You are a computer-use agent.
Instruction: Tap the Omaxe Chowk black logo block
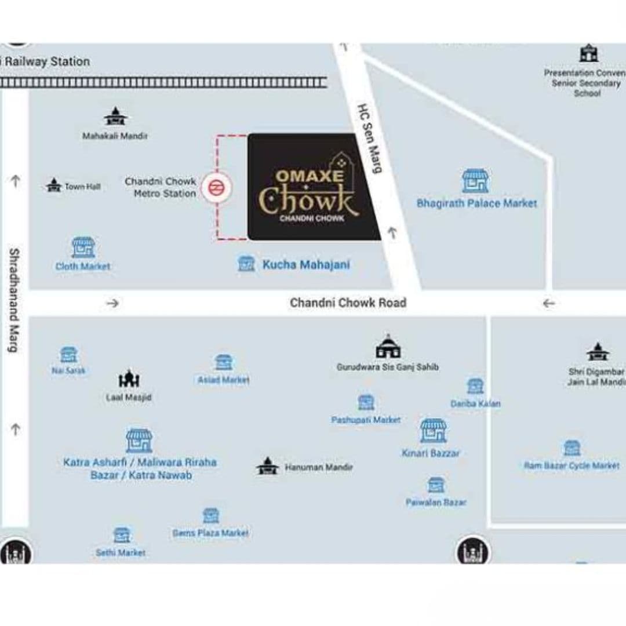pyautogui.click(x=313, y=187)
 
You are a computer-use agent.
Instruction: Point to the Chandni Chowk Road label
pyautogui.click(x=348, y=303)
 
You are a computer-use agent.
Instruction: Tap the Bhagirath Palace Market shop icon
pyautogui.click(x=475, y=181)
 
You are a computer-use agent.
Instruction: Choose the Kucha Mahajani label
pyautogui.click(x=306, y=265)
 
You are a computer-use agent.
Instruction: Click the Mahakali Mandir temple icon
pyautogui.click(x=115, y=117)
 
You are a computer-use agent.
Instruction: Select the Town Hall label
pyautogui.click(x=82, y=187)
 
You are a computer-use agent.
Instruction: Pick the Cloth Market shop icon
pyautogui.click(x=83, y=247)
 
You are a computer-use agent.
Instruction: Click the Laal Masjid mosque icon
pyautogui.click(x=129, y=379)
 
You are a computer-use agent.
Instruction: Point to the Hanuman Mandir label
pyautogui.click(x=318, y=467)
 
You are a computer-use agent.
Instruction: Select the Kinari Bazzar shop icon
pyautogui.click(x=433, y=431)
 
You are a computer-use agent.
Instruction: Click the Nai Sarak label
pyautogui.click(x=68, y=370)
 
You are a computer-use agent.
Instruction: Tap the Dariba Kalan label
pyautogui.click(x=475, y=403)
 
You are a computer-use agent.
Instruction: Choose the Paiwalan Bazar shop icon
pyautogui.click(x=436, y=485)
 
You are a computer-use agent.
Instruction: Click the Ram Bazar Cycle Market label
pyautogui.click(x=572, y=465)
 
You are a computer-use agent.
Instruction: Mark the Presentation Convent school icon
pyautogui.click(x=588, y=53)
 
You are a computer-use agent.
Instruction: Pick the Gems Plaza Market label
pyautogui.click(x=210, y=533)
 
